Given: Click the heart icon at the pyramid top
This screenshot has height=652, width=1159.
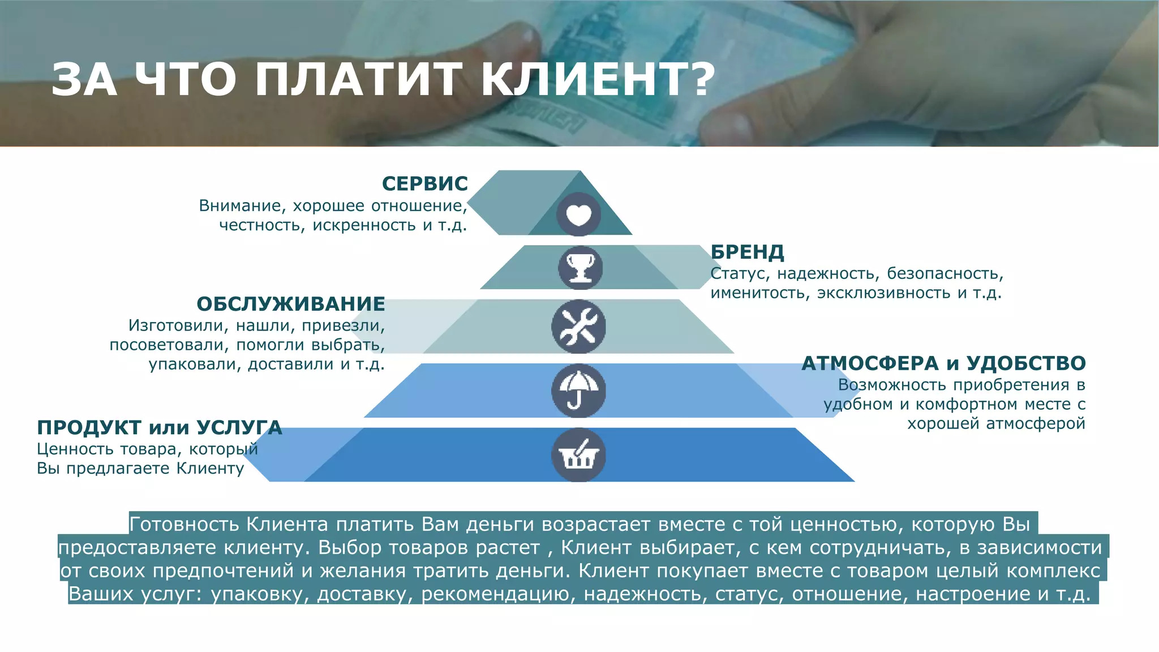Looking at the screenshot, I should pyautogui.click(x=578, y=215).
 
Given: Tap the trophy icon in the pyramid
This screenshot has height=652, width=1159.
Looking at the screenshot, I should pyautogui.click(x=580, y=268).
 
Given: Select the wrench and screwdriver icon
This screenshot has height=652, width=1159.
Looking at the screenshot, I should pyautogui.click(x=578, y=327).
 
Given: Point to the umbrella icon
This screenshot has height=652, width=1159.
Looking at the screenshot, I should pyautogui.click(x=578, y=391).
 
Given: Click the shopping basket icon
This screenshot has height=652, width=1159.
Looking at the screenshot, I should pyautogui.click(x=578, y=455).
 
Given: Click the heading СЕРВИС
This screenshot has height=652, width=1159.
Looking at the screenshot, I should pyautogui.click(x=425, y=184).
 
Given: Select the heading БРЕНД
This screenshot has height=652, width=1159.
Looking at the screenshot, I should pyautogui.click(x=748, y=252).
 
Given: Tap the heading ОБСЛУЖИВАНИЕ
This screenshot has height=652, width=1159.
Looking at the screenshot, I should pyautogui.click(x=291, y=304).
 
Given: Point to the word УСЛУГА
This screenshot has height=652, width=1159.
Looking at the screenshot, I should pyautogui.click(x=239, y=428).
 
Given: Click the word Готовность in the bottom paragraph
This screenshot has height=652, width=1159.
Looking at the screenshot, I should pyautogui.click(x=184, y=525).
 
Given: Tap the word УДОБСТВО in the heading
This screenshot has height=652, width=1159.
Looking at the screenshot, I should pyautogui.click(x=1026, y=363).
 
